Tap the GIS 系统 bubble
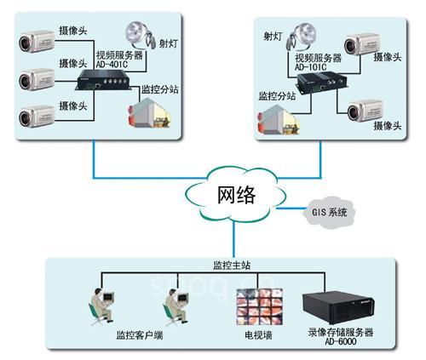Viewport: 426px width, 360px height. pos(327,210)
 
